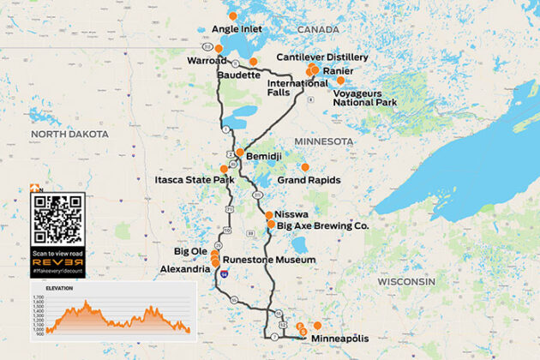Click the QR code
pos(58,219)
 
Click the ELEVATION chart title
pos(60,288)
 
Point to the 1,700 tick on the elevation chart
pos(38,298)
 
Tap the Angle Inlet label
pos(237,29)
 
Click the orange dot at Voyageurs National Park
pos(340,81)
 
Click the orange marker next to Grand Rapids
pos(305,167)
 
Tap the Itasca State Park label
pos(194,181)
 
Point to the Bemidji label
pos(264,158)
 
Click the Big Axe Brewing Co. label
pos(316,225)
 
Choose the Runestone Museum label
pos(269,259)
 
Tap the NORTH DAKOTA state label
pos(69,135)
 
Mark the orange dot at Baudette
pos(253,62)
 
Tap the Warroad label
pos(205,61)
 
